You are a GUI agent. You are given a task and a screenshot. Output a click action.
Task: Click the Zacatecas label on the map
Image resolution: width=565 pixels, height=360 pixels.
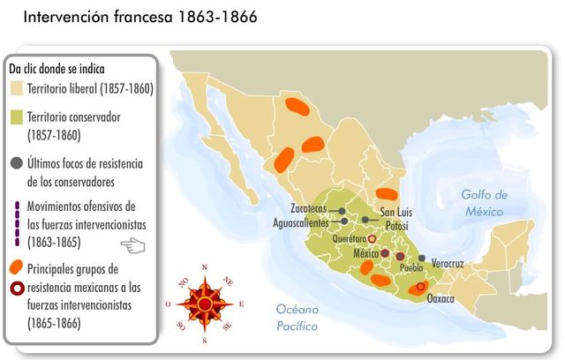click(x=308, y=209)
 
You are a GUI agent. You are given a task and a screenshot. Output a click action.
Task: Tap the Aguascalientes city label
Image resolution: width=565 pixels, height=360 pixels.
click(x=300, y=222)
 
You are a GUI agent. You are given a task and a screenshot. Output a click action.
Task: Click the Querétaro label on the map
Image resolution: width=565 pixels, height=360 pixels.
click(x=350, y=239)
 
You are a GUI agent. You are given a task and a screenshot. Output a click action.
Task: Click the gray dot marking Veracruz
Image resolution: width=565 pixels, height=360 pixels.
click(x=422, y=259)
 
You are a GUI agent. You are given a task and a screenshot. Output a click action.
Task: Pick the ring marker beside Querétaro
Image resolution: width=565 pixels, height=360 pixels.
click(x=372, y=238)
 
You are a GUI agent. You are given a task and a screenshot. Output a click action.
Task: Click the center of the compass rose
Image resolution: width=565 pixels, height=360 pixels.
click(x=205, y=304)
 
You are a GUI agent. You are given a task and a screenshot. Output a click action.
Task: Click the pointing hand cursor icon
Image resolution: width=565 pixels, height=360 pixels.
click(x=132, y=244)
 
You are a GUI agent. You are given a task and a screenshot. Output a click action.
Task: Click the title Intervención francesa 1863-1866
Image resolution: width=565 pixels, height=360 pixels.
click(x=139, y=17)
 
